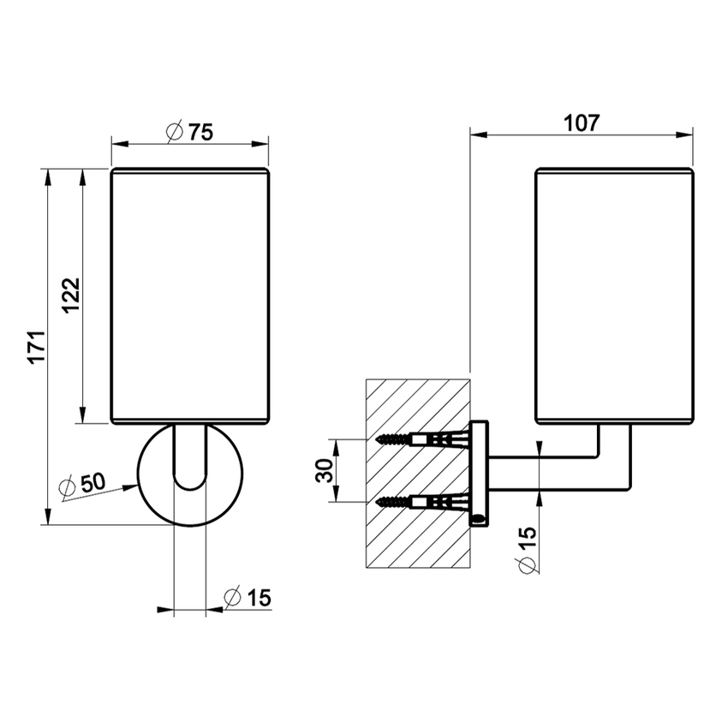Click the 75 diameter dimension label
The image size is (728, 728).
[190, 132]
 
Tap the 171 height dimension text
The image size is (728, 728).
[38, 347]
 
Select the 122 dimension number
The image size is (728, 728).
[71, 295]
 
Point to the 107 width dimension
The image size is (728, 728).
[582, 123]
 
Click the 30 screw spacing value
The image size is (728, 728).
[325, 470]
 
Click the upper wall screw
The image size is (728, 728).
[422, 439]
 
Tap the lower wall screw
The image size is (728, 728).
[422, 502]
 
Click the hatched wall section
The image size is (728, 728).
[418, 474]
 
